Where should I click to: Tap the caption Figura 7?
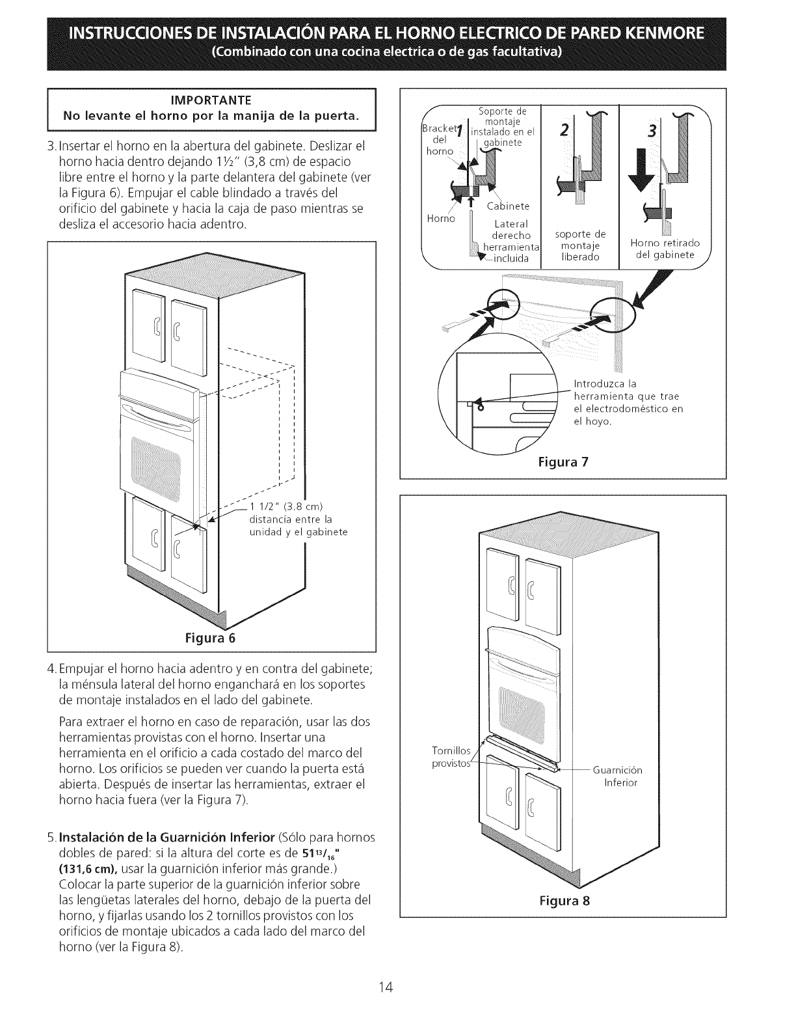pyautogui.click(x=563, y=462)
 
